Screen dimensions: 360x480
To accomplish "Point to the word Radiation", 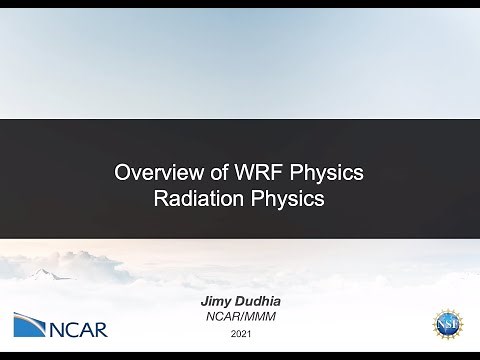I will [197, 198].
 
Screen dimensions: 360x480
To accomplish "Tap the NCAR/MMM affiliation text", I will [239, 315].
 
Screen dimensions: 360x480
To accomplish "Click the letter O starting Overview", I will [123, 172].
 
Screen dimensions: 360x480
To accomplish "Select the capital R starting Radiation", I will [161, 198].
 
